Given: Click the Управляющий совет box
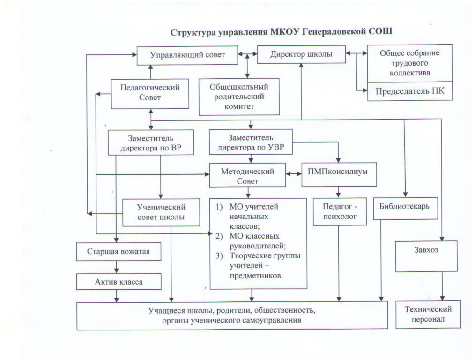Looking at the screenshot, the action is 187,55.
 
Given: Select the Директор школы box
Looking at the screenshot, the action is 301,54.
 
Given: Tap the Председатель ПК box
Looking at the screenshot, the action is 410,91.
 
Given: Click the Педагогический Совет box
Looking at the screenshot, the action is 150,94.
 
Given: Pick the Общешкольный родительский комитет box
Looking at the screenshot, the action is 239,97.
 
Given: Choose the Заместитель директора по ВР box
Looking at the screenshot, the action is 151,142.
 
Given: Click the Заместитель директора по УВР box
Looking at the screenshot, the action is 251,142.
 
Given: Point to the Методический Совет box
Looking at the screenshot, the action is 247,175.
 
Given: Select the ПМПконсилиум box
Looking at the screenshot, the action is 339,174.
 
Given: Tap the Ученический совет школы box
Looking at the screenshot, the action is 161,212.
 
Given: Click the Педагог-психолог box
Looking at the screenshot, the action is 340,211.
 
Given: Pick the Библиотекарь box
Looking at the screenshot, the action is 405,209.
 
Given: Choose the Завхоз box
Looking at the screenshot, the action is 426,256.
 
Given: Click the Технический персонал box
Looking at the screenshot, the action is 428,315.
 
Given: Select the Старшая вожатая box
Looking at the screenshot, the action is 119,252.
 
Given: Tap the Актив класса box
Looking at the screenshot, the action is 119,282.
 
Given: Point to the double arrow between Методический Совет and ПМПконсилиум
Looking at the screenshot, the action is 294,174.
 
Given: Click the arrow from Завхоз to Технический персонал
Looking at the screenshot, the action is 443,286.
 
